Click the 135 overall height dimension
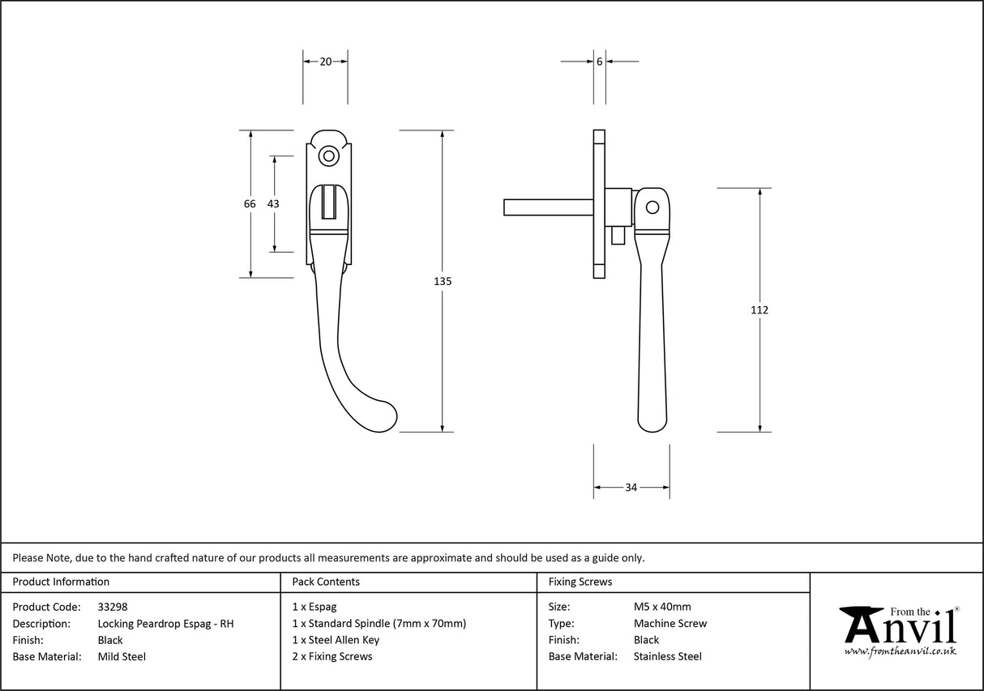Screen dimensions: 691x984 pyautogui.click(x=442, y=282)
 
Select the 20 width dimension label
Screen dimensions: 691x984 pyautogui.click(x=325, y=62)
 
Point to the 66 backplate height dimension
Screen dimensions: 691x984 pyautogui.click(x=250, y=204)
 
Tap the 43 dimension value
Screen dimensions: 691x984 pyautogui.click(x=273, y=204)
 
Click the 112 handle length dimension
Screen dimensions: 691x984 pyautogui.click(x=759, y=309)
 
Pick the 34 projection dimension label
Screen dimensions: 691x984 pyautogui.click(x=631, y=488)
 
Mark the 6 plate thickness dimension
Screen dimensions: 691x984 pyautogui.click(x=599, y=62)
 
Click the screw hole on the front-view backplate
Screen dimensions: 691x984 pyautogui.click(x=328, y=156)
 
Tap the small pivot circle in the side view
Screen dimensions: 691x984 pyautogui.click(x=652, y=208)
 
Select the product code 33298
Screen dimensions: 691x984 pyautogui.click(x=113, y=607)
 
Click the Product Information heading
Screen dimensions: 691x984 pyautogui.click(x=61, y=582)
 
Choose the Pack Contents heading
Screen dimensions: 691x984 pyautogui.click(x=326, y=582)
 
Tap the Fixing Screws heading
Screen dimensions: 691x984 pyautogui.click(x=580, y=582)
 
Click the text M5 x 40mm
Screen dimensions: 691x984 pyautogui.click(x=662, y=607)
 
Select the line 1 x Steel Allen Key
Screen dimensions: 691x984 pyautogui.click(x=336, y=640)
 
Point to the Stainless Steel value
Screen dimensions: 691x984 pyautogui.click(x=668, y=656)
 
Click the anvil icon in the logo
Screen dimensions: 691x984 pyautogui.click(x=862, y=624)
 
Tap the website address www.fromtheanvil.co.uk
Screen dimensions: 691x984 pyautogui.click(x=900, y=650)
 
